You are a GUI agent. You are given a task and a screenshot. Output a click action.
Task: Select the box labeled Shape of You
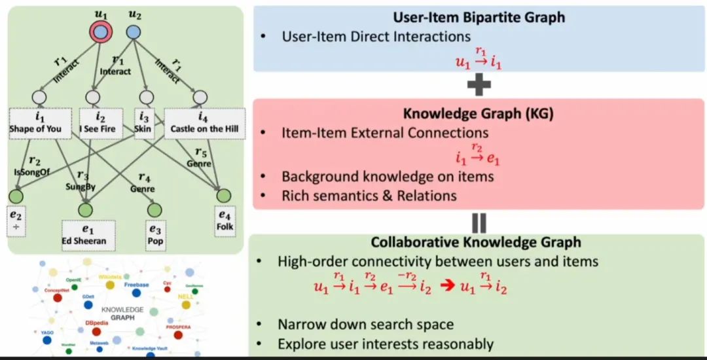pos(35,123)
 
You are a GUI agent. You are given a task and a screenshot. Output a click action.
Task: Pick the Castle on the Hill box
pos(204,123)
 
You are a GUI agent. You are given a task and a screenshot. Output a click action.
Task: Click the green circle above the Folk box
pos(225,196)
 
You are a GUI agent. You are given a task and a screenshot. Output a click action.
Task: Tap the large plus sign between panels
pos(479,84)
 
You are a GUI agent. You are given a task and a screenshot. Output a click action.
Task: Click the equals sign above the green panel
pos(479,222)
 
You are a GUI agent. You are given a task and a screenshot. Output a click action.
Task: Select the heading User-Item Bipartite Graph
pos(479,18)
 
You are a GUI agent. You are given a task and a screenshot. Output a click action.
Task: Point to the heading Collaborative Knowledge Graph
pos(476,242)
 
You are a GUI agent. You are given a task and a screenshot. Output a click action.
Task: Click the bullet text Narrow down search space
pos(365,325)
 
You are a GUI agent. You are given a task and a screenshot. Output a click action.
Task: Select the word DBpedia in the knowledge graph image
pos(96,323)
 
